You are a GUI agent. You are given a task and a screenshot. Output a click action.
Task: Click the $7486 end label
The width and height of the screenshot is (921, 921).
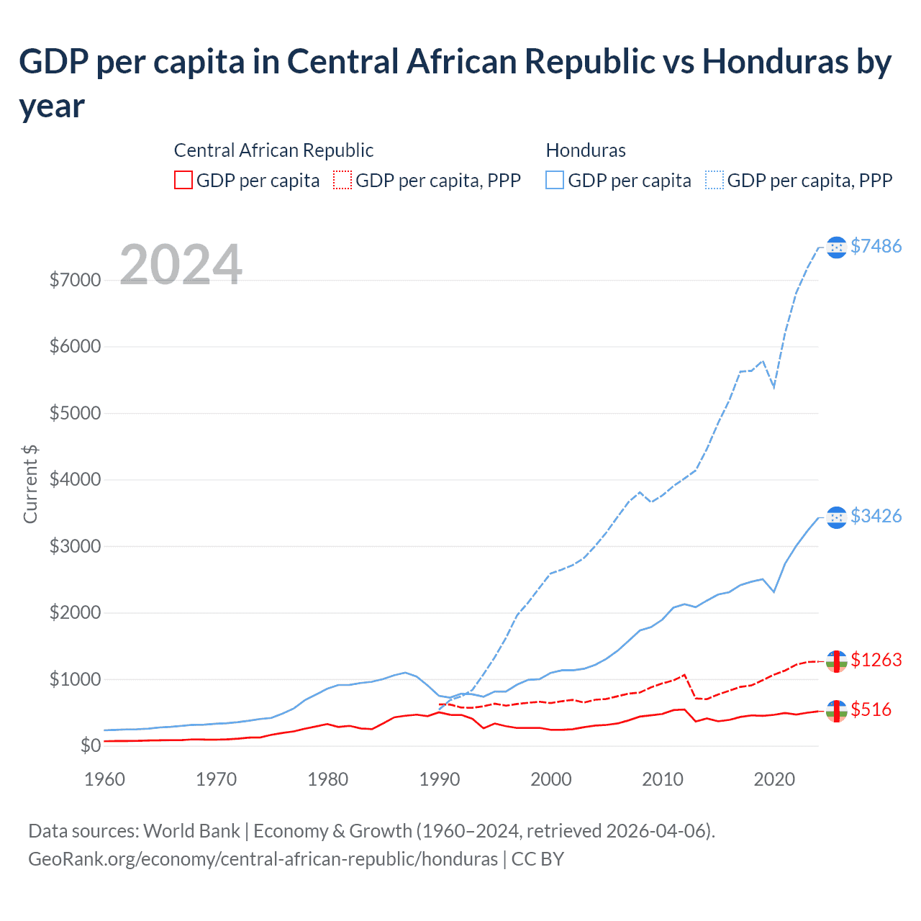pyautogui.click(x=876, y=246)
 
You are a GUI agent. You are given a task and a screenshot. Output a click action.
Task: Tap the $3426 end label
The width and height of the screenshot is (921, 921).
pyautogui.click(x=876, y=516)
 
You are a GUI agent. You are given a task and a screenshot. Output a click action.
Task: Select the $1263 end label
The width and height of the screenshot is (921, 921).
pyautogui.click(x=876, y=660)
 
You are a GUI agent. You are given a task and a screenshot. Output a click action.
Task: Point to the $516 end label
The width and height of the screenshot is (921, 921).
pyautogui.click(x=871, y=709)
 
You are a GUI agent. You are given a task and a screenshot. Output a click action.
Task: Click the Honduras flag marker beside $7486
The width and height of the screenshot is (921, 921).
pyautogui.click(x=836, y=247)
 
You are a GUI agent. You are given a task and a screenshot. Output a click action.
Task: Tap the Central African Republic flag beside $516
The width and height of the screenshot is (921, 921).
pyautogui.click(x=836, y=710)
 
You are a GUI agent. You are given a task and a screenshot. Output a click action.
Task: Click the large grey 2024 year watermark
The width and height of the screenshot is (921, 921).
pyautogui.click(x=181, y=265)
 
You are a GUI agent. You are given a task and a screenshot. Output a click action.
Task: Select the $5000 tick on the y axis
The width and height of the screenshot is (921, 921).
pyautogui.click(x=75, y=413)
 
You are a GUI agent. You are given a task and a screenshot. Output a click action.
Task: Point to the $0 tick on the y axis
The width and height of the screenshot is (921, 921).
pyautogui.click(x=90, y=745)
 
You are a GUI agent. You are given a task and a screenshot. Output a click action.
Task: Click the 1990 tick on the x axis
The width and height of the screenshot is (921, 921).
pyautogui.click(x=440, y=779)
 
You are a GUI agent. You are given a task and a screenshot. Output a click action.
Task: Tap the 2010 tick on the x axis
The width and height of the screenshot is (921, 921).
pyautogui.click(x=663, y=779)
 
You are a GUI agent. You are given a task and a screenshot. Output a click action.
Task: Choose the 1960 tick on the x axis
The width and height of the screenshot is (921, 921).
pyautogui.click(x=105, y=779)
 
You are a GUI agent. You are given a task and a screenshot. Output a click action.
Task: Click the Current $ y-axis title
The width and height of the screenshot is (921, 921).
pyautogui.click(x=30, y=484)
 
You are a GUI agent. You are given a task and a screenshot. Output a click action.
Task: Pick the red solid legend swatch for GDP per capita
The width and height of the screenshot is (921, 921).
pyautogui.click(x=183, y=180)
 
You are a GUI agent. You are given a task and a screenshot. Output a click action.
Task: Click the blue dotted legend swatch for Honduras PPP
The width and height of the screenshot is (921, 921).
pyautogui.click(x=714, y=180)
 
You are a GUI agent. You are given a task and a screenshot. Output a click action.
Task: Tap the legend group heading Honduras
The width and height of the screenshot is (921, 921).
pyautogui.click(x=586, y=150)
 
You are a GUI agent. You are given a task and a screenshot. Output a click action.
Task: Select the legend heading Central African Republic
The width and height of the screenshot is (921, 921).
pyautogui.click(x=273, y=150)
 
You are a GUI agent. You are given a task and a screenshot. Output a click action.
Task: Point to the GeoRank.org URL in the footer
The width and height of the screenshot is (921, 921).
pyautogui.click(x=263, y=859)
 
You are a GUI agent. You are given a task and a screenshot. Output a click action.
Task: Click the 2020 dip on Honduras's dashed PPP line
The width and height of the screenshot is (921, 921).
pyautogui.click(x=773, y=387)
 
